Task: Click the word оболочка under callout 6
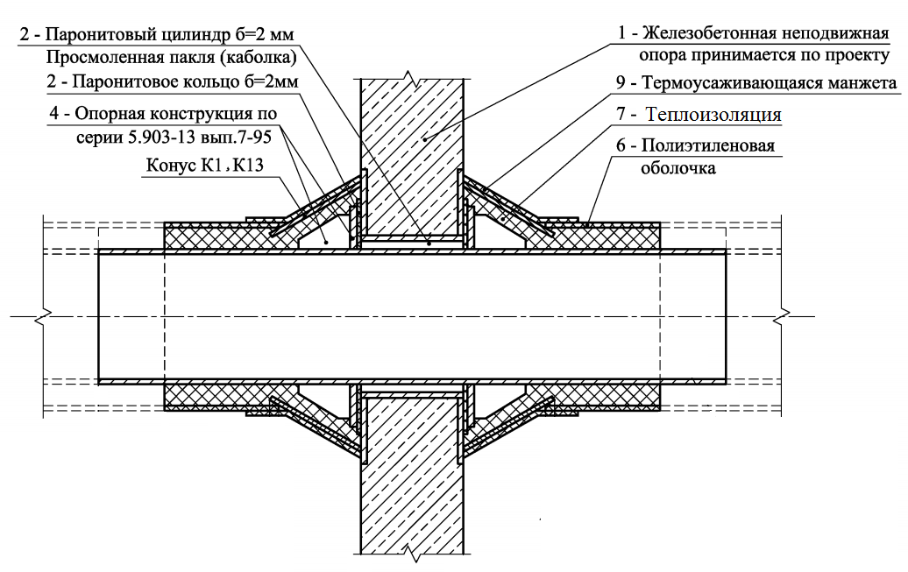[x=680, y=166]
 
